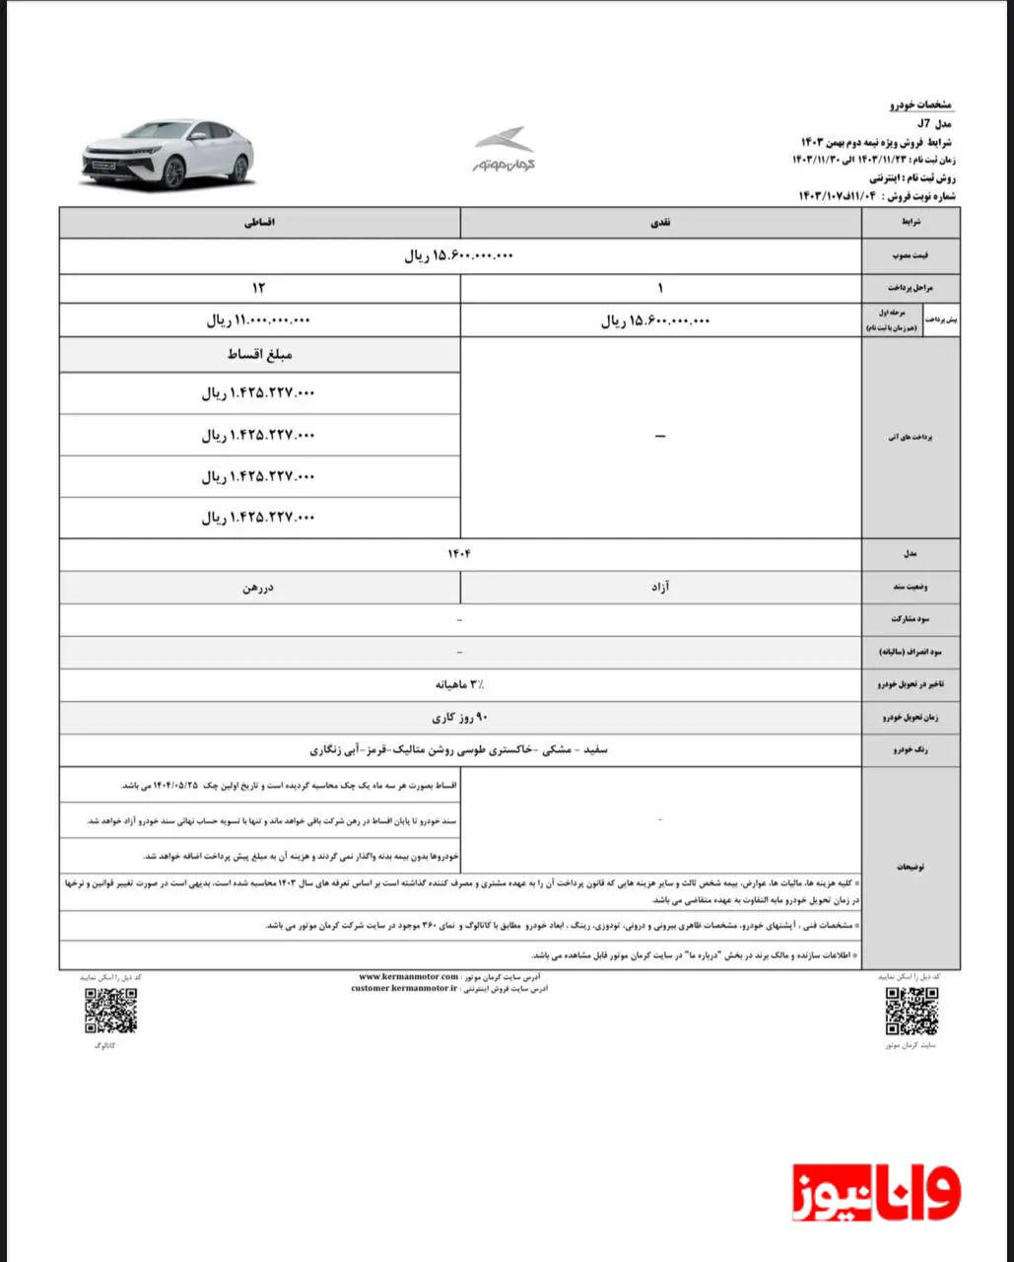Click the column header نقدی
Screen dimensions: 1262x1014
point(660,224)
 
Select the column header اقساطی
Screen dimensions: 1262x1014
point(259,224)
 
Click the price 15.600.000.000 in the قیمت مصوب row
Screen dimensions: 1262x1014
point(459,256)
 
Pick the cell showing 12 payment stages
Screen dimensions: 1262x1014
point(259,288)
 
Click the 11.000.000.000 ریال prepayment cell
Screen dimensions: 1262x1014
point(259,320)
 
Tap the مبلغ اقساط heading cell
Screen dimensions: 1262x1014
point(259,355)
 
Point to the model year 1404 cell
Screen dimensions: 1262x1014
point(459,554)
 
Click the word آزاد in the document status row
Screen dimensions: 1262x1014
point(660,588)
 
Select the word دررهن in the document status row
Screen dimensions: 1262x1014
point(259,588)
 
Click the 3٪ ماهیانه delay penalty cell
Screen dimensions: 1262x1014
point(459,683)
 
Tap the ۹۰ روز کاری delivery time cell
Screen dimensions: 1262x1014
point(459,718)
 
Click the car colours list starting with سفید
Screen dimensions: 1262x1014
point(459,750)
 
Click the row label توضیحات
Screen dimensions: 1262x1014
point(910,867)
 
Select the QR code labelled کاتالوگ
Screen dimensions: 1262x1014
point(110,1010)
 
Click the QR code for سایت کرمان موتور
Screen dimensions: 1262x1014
point(912,1010)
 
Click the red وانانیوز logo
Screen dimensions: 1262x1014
point(876,1192)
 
